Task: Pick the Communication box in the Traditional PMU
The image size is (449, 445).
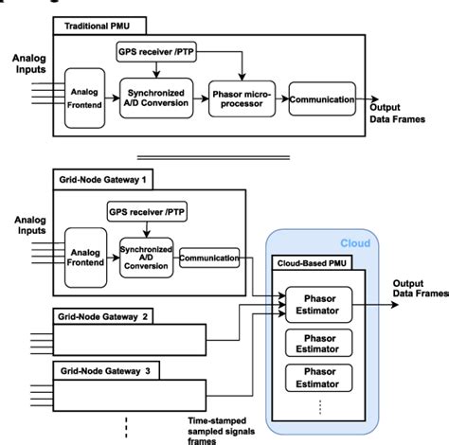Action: [x=322, y=98]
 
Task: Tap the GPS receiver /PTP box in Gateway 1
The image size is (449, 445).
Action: [x=147, y=211]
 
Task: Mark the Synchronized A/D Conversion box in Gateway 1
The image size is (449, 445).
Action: [x=145, y=254]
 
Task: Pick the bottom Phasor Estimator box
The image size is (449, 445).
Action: [x=318, y=376]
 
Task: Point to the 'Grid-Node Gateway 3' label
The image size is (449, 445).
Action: [x=100, y=369]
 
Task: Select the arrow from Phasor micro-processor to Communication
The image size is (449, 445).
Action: [x=279, y=98]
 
